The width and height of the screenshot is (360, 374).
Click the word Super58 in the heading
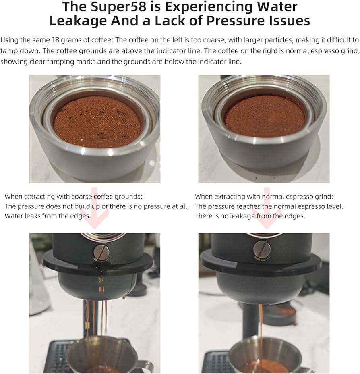coord(118,7)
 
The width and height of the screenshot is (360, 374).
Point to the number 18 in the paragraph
coord(55,40)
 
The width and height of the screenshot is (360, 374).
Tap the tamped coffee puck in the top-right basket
coord(265,116)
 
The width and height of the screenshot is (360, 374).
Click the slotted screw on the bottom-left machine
coord(101,252)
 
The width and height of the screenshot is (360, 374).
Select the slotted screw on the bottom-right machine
coord(262,249)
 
